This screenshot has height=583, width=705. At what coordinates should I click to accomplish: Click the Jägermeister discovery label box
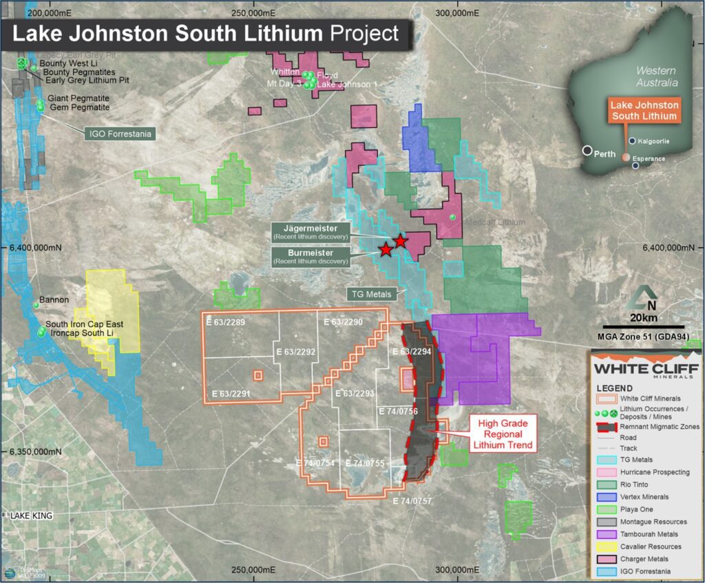(x=311, y=232)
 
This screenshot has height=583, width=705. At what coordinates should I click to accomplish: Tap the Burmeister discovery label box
(x=311, y=257)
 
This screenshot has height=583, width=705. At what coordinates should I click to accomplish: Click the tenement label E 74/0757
(x=412, y=501)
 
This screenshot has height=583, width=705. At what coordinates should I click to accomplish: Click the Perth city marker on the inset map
(x=587, y=151)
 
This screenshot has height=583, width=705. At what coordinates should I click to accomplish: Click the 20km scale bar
(x=644, y=326)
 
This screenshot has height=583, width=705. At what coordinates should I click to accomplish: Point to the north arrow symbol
(x=642, y=295)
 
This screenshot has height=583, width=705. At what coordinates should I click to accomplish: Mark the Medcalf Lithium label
(x=495, y=222)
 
